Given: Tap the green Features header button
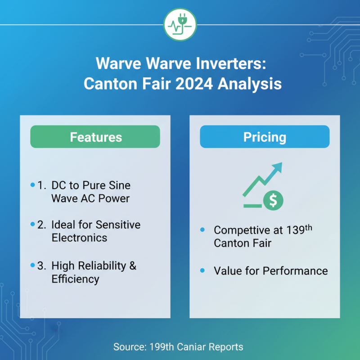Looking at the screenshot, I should click(x=95, y=137).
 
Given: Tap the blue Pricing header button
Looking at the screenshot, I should click(x=265, y=137).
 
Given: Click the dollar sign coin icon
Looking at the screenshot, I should click(x=273, y=200).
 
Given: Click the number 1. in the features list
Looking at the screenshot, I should click(x=42, y=185).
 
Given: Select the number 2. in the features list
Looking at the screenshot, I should click(x=42, y=225).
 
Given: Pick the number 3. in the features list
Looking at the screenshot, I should click(x=42, y=265).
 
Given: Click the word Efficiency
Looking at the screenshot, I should click(x=75, y=279).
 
